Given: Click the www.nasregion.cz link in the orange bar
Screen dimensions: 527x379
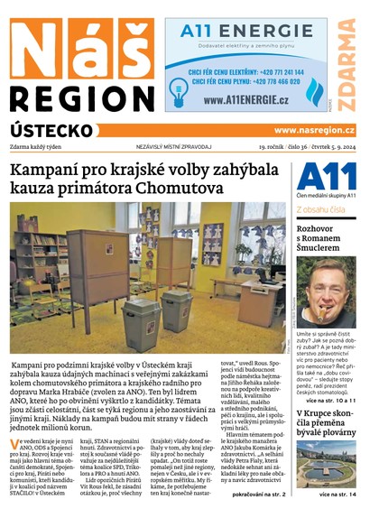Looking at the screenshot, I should (x=314, y=130).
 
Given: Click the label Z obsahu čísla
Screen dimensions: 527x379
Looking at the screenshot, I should (x=320, y=209).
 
